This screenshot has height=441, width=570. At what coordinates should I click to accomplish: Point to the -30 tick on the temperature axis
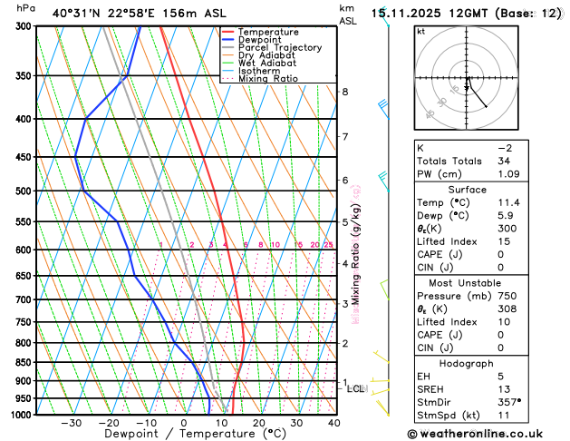[71, 423]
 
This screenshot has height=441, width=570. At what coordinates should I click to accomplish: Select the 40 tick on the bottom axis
[334, 423]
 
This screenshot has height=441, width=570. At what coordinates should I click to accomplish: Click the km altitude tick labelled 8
[344, 92]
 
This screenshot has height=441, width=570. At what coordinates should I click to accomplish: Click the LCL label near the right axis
[355, 388]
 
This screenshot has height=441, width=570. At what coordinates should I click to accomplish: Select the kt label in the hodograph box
[421, 31]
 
